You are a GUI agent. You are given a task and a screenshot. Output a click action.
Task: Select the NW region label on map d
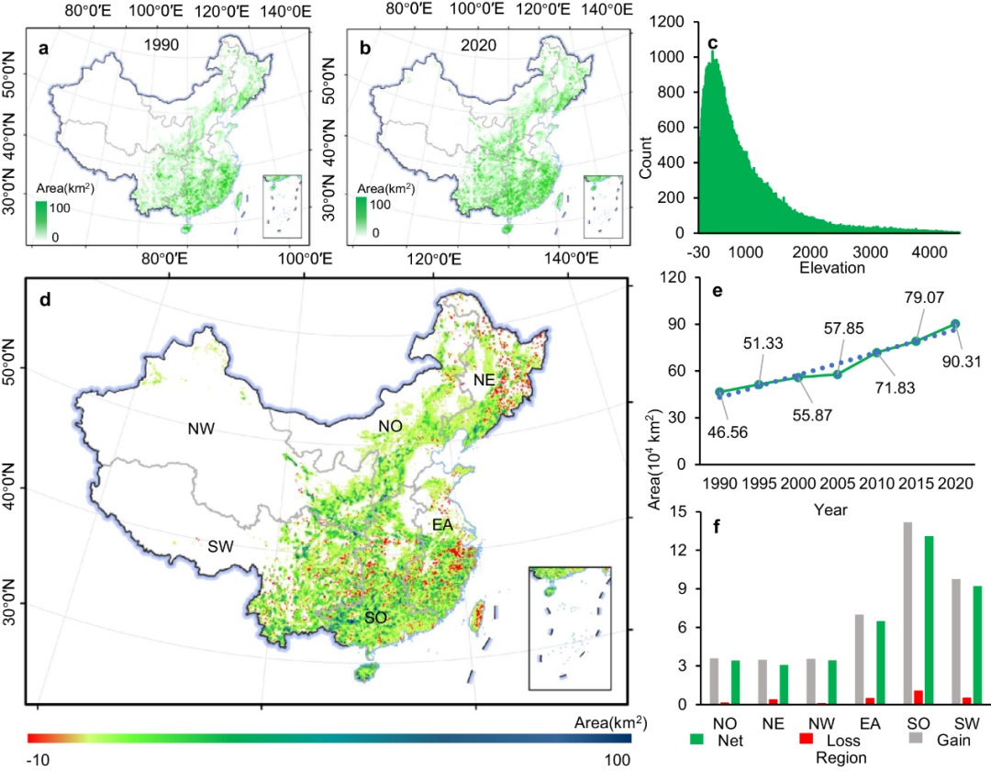[202, 429]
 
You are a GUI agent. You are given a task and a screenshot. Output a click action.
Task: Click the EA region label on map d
[443, 525]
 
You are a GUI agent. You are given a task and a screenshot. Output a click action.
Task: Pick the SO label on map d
[374, 618]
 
